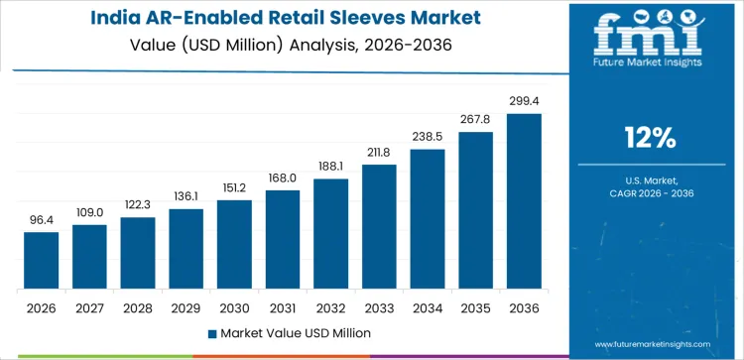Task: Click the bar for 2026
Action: pyautogui.click(x=41, y=261)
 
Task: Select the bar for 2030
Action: pyautogui.click(x=234, y=245)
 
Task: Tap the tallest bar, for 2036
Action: pyautogui.click(x=524, y=201)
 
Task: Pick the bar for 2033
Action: pyautogui.click(x=379, y=227)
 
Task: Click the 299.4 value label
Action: pyautogui.click(x=524, y=101)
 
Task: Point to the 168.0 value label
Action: pyautogui.click(x=283, y=178)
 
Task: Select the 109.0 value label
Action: pyautogui.click(x=89, y=212)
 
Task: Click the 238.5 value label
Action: pyautogui.click(x=428, y=137)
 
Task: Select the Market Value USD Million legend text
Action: pyautogui.click(x=295, y=332)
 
